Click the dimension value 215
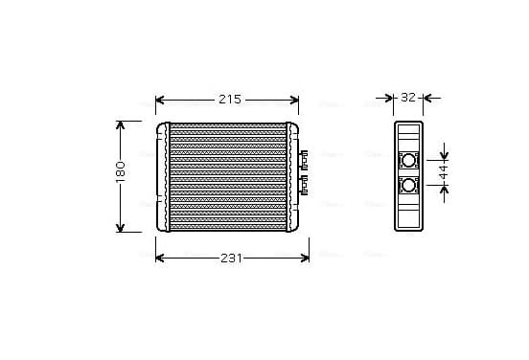[230, 100]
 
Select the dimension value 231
[232, 259]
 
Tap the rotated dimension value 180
[121, 172]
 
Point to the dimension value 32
[408, 98]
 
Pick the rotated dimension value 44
[445, 172]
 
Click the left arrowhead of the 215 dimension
[160, 101]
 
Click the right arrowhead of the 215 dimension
[294, 101]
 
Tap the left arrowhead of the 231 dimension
[160, 259]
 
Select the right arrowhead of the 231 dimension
[305, 259]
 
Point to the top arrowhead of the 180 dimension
[121, 125]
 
